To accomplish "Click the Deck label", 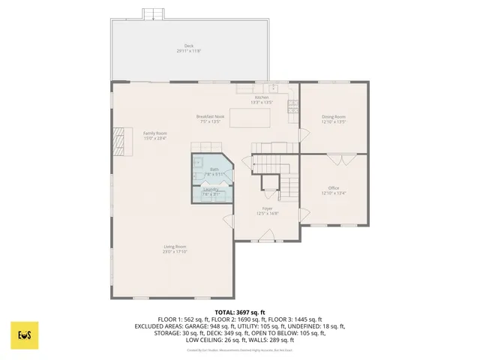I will coord(188,46).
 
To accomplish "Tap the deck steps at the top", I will coord(154,13).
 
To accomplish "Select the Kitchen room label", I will coord(261,97).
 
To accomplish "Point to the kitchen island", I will coord(250,118).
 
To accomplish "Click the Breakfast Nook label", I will coord(210,116).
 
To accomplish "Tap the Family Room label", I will coord(155,133).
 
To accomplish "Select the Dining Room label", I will coord(334,116).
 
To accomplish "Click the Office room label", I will coord(334,187).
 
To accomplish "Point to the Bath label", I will coord(214,170).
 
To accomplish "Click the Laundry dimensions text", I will coord(211,194).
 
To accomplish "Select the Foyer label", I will coord(267,208).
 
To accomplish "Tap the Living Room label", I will coord(175,247).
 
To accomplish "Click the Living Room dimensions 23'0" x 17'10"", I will coord(175,252).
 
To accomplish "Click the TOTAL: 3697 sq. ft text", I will coord(240,311).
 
